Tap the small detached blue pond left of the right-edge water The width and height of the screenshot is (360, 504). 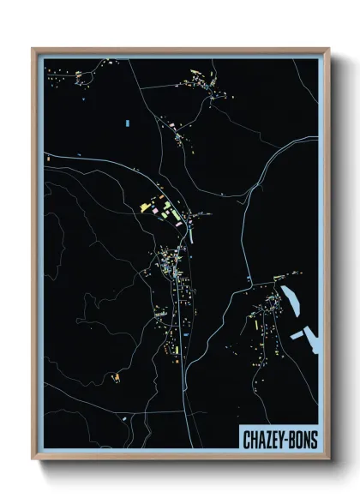[x=297, y=333]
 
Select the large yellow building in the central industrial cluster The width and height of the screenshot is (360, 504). [x=146, y=207]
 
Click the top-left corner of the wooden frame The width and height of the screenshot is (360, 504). [x=33, y=49]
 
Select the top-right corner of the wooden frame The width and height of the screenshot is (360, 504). [x=328, y=49]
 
